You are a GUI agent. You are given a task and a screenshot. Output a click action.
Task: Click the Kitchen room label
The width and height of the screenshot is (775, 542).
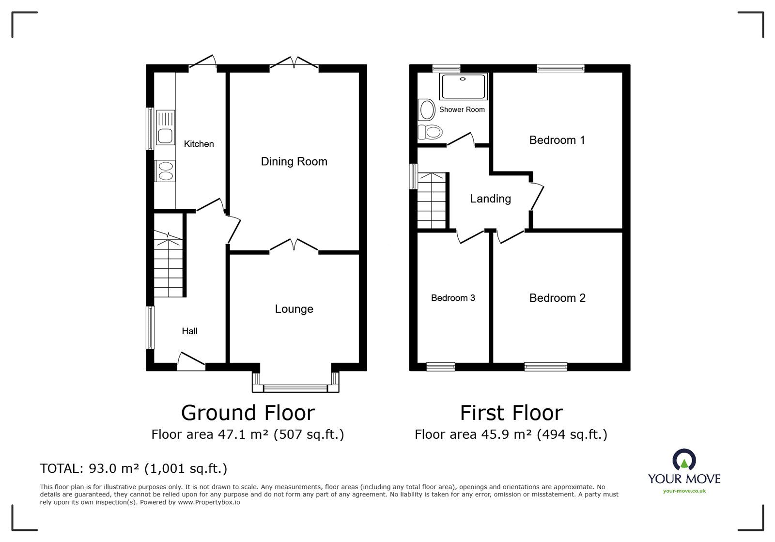point(199,144)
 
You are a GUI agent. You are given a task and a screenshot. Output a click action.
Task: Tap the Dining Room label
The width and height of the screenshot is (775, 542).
point(294,161)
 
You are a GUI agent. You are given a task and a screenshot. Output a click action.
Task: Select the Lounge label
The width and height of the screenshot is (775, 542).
point(294,309)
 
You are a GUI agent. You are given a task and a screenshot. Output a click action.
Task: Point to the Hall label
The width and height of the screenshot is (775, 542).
point(189,331)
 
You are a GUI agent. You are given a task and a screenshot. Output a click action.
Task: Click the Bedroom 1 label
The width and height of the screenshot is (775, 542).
point(557,140)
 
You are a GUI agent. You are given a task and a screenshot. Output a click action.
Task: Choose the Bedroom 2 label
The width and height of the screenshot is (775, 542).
point(558,298)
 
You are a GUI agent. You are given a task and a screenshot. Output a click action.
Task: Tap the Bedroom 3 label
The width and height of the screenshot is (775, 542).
point(453,298)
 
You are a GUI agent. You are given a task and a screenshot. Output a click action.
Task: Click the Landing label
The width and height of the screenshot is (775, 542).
point(490,199)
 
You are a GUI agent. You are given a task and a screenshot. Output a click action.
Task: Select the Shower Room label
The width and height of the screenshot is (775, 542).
point(462,109)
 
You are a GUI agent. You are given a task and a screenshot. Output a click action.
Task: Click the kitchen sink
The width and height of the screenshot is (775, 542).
point(165,127)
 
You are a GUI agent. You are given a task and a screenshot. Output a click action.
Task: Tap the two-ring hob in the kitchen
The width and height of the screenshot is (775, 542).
point(165,171)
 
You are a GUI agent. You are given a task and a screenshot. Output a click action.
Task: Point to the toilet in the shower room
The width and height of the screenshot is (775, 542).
point(430,132)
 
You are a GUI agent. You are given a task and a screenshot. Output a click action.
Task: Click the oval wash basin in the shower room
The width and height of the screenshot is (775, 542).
point(427,110)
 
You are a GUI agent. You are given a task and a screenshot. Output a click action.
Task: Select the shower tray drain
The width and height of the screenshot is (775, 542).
point(463,79)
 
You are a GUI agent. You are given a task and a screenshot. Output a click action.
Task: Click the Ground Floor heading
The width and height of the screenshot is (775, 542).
point(248,413)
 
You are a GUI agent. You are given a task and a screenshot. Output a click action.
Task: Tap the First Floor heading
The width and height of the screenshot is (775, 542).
point(511,413)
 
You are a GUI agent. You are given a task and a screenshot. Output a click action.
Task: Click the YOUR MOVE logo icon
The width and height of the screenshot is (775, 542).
point(684,460)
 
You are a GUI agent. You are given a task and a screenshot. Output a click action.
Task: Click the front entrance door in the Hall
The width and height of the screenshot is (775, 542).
point(191,361)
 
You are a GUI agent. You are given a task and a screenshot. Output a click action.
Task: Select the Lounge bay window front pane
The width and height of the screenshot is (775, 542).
point(295,388)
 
